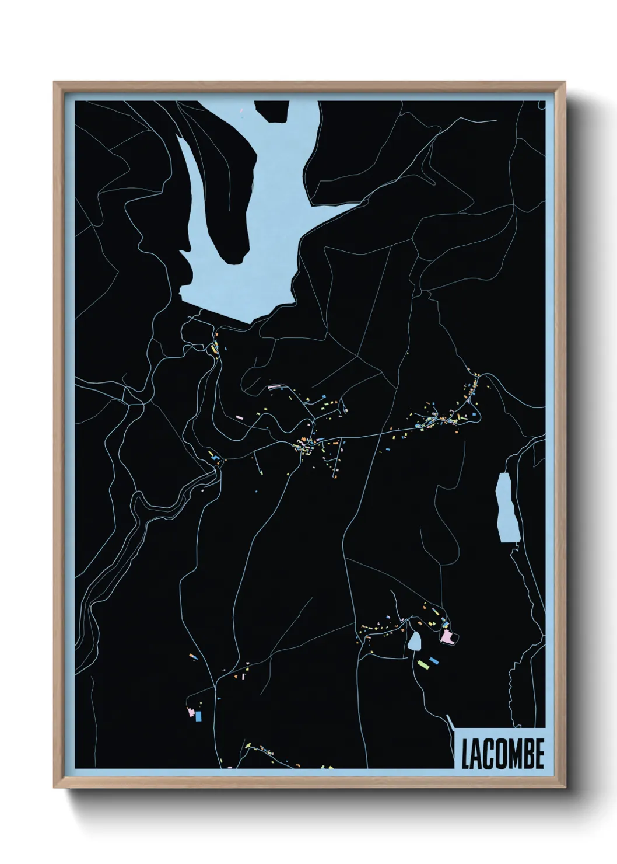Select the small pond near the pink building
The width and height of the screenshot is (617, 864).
415,642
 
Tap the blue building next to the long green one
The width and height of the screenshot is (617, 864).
433,661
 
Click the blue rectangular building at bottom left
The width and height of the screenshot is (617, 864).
198,716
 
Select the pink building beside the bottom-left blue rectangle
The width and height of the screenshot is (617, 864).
190,712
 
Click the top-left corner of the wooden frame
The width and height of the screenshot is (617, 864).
55,82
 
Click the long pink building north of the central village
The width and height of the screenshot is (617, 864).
274,386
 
